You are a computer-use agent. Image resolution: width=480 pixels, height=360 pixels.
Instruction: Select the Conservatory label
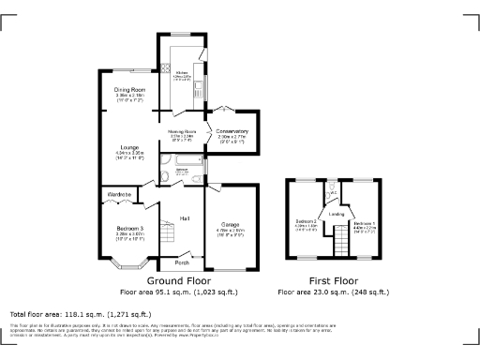click(x=232, y=131)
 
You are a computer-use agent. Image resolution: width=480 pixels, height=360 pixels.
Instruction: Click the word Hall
click(x=186, y=218)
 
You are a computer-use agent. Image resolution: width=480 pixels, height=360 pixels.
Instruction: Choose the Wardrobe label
click(x=119, y=194)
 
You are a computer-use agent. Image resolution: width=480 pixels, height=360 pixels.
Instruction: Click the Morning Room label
click(x=182, y=132)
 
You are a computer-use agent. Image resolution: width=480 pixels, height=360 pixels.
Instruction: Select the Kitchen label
click(x=182, y=72)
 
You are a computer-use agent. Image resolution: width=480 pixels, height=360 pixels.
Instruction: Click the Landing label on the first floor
click(x=336, y=214)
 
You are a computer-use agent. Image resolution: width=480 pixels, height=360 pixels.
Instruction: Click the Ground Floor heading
click(x=179, y=280)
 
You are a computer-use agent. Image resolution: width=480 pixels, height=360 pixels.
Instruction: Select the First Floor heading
click(x=334, y=280)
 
